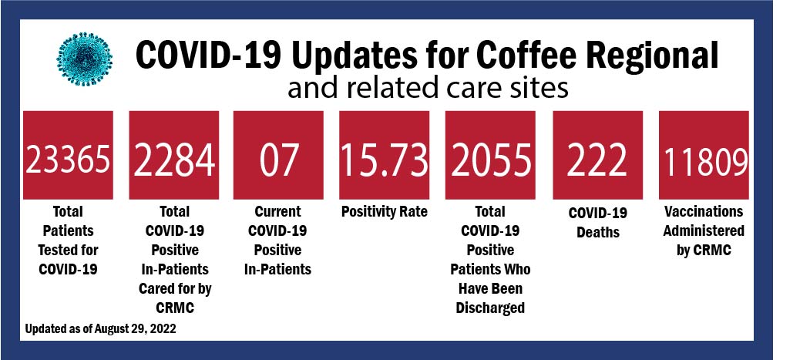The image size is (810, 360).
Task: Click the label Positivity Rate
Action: (384, 211)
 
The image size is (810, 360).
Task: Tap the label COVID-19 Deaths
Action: (597, 221)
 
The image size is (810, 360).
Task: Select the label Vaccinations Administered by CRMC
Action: (703, 230)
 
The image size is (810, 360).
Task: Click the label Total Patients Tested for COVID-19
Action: (68, 240)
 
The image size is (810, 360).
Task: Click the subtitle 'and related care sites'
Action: (428, 89)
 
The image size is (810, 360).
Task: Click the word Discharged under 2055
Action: (490, 308)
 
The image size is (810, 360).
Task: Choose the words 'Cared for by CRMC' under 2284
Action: (173, 298)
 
